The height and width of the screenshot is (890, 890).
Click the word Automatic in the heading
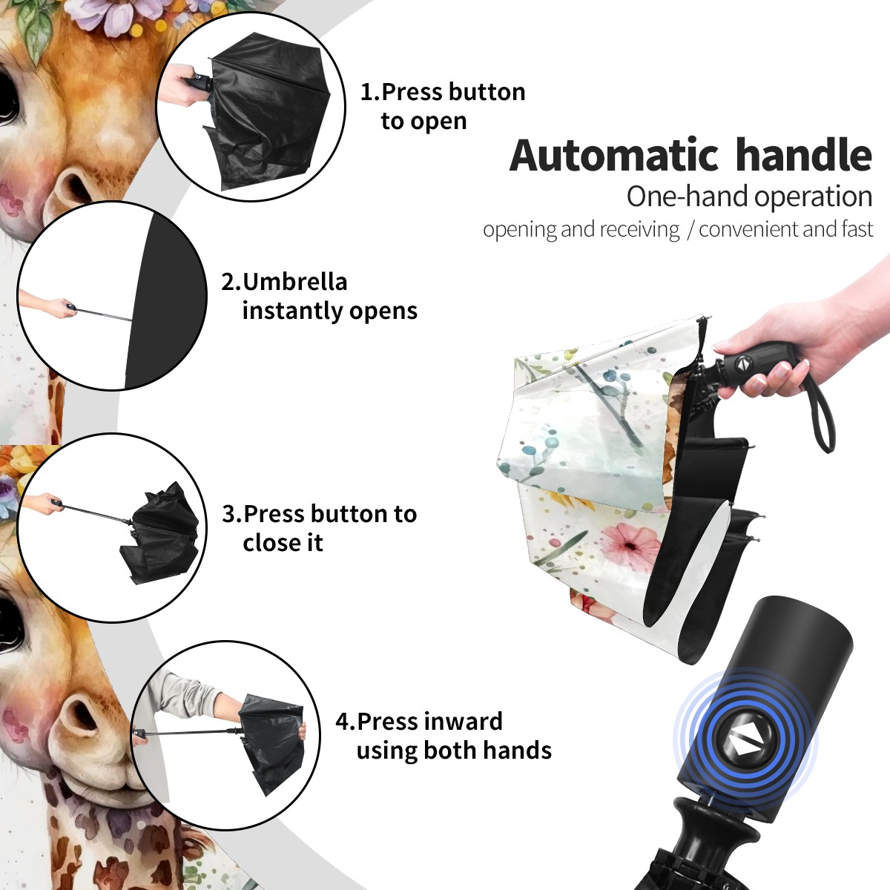pyautogui.click(x=614, y=156)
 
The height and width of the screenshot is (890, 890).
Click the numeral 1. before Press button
pyautogui.click(x=370, y=93)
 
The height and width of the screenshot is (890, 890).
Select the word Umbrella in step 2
pyautogui.click(x=294, y=282)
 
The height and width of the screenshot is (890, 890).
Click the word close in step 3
pyautogui.click(x=266, y=543)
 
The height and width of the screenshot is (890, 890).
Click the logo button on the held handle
pyautogui.click(x=743, y=364)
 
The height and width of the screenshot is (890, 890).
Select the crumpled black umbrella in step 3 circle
pyautogui.click(x=159, y=533)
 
